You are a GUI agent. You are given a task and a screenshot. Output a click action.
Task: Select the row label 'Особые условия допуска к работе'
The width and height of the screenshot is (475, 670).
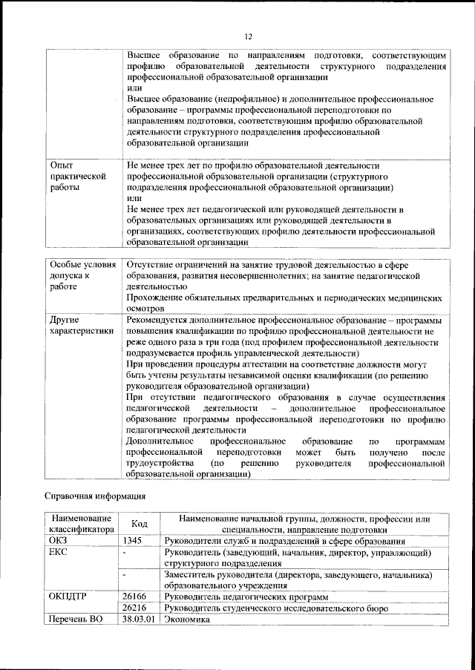click(82, 276)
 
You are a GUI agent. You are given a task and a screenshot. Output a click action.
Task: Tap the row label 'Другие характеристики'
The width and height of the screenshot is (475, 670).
click(79, 326)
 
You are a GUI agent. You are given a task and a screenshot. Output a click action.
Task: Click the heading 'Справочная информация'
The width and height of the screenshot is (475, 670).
click(95, 496)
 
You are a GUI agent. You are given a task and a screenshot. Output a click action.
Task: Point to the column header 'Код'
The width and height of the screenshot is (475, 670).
click(139, 524)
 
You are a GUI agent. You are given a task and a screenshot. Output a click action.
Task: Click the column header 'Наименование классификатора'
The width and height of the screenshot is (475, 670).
click(81, 524)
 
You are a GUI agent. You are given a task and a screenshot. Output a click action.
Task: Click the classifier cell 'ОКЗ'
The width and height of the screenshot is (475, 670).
click(58, 541)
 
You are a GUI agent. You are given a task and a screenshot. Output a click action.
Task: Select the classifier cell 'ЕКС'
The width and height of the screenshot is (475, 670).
click(57, 553)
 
